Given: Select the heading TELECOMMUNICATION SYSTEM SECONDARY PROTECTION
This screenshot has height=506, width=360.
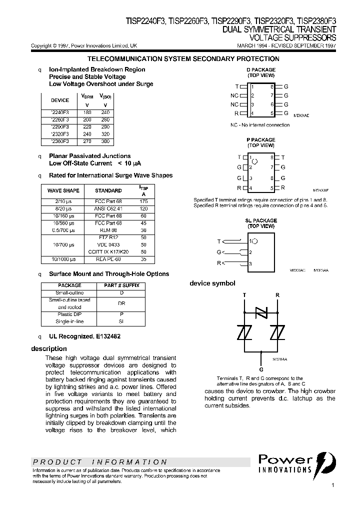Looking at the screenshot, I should tap(183, 59).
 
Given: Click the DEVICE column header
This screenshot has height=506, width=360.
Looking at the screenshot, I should tap(60, 100).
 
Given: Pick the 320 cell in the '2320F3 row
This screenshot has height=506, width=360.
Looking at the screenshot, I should tap(105, 134).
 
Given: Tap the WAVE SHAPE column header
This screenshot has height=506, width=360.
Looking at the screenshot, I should tap(63, 190).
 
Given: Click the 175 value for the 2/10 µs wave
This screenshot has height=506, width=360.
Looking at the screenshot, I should tap(143, 201).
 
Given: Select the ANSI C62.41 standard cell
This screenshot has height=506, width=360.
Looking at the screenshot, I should tap(108, 208).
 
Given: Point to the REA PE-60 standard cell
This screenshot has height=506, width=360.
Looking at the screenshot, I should tap(108, 259).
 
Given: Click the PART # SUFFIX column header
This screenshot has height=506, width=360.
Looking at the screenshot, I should tap(121, 285).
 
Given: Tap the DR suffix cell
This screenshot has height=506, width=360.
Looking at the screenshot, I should tap(121, 303).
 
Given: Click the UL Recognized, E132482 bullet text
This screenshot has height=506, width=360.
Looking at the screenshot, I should tap(84, 336).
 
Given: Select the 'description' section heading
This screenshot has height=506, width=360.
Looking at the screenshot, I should tap(48, 348).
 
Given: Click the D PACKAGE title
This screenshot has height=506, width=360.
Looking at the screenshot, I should tap(261, 69).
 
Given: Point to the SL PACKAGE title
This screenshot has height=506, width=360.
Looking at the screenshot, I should tap(261, 220).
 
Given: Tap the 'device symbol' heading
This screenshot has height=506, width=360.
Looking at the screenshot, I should tap(212, 283).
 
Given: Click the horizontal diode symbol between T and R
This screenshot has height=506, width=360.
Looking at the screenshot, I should tap(261, 313).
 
